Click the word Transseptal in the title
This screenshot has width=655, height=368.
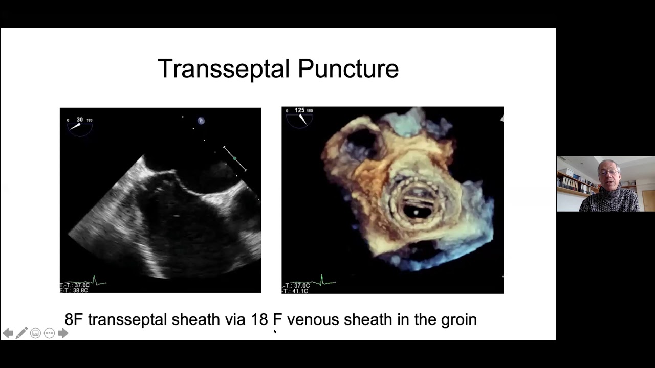224,69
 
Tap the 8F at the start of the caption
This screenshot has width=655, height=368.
74,319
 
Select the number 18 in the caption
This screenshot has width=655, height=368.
259,319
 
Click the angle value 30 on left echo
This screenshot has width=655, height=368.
80,120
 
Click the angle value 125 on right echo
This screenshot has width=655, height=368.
300,110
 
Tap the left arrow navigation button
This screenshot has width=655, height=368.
8,333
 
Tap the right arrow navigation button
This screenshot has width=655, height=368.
63,333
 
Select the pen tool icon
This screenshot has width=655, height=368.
21,333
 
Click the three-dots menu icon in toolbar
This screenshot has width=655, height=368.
49,333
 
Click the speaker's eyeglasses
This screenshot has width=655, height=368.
608,172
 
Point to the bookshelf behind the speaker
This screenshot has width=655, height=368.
574,182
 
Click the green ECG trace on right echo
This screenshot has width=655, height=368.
322,281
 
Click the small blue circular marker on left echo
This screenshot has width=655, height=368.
201,121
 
